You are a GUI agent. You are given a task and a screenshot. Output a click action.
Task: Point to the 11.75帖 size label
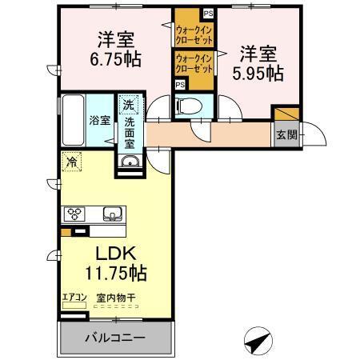(117, 273)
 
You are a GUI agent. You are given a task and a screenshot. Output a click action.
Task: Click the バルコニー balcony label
(115, 338)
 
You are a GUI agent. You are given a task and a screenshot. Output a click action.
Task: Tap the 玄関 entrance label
(286, 134)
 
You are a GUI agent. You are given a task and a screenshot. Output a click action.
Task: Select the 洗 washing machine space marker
(130, 103)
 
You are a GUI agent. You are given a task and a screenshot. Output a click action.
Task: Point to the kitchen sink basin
(113, 214)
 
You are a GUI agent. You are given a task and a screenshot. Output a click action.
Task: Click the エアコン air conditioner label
(74, 297)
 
